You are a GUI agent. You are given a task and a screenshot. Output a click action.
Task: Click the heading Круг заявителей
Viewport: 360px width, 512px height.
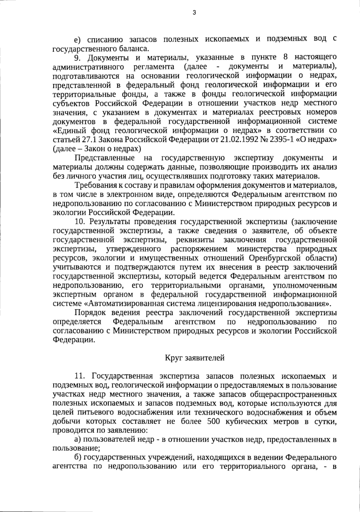tap(194, 358)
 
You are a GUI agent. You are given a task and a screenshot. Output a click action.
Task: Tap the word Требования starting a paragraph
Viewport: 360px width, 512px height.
tap(95, 186)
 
